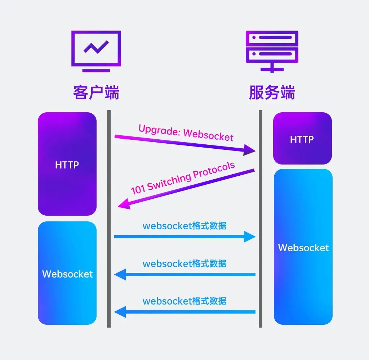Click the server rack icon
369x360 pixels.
pyautogui.click(x=272, y=51)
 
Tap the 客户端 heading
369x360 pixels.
pyautogui.click(x=96, y=93)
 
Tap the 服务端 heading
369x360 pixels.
pyautogui.click(x=272, y=93)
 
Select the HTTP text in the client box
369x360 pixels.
pyautogui.click(x=67, y=165)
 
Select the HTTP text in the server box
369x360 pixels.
pyautogui.click(x=302, y=139)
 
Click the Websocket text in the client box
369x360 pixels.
pyautogui.click(x=67, y=274)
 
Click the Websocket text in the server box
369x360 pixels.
pyautogui.click(x=303, y=248)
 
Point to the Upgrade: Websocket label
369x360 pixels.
pyautogui.click(x=186, y=133)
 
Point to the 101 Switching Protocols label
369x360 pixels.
pyautogui.click(x=183, y=178)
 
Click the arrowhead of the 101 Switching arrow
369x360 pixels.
pyautogui.click(x=123, y=204)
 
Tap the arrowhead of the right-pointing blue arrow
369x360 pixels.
pyautogui.click(x=250, y=237)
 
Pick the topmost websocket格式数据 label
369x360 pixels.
pyautogui.click(x=184, y=226)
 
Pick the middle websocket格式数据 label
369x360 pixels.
pyautogui.click(x=184, y=263)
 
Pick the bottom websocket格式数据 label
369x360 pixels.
pyautogui.click(x=184, y=301)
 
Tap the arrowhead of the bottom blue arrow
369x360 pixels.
pyautogui.click(x=120, y=312)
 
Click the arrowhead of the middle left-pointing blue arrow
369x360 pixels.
pyautogui.click(x=120, y=274)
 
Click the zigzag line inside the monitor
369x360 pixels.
pyautogui.click(x=96, y=47)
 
